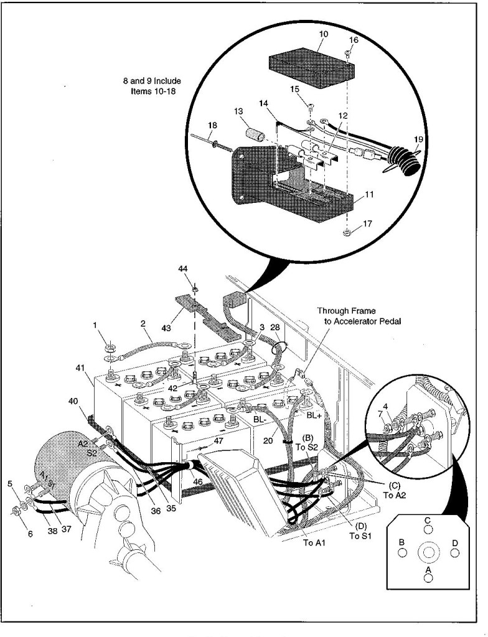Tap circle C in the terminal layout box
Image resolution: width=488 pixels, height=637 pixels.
click(x=428, y=529)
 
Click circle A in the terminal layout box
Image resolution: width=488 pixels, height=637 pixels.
click(x=428, y=577)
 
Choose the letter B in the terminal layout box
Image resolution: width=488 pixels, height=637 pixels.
click(x=402, y=542)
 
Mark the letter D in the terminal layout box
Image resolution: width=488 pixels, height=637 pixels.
click(x=455, y=543)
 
